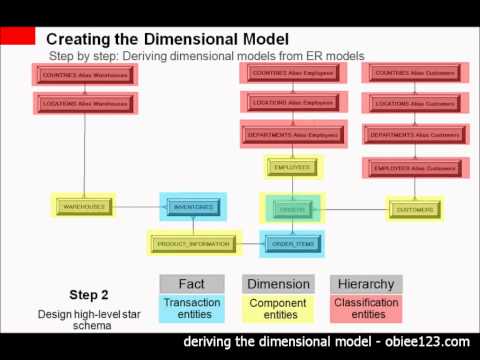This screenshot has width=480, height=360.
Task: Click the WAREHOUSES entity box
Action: tap(85, 207)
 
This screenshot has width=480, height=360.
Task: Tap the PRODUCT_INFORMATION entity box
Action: tap(194, 242)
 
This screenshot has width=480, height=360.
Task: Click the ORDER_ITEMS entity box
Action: tap(292, 242)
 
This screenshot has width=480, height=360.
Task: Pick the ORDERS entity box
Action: tap(292, 208)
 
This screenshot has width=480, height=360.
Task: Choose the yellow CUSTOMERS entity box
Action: tap(415, 209)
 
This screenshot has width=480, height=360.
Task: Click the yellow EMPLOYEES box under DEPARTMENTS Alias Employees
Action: tap(292, 167)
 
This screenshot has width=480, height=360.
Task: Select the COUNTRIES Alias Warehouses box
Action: tap(84, 75)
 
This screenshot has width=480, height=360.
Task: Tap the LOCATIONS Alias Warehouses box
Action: tap(84, 103)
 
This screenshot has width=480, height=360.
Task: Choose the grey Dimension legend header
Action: tap(277, 284)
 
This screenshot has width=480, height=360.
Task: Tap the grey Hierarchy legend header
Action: tap(366, 284)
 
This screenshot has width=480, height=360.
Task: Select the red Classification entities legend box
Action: tap(366, 309)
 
